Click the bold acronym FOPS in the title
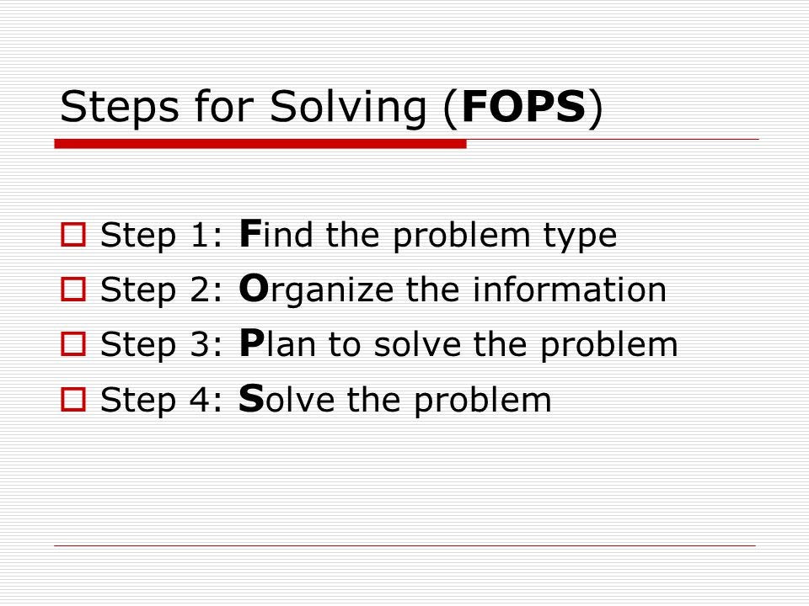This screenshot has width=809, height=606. click(x=523, y=109)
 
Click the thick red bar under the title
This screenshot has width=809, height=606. click(x=260, y=144)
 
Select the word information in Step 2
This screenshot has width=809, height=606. click(x=570, y=290)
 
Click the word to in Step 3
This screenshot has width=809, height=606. click(x=344, y=345)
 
